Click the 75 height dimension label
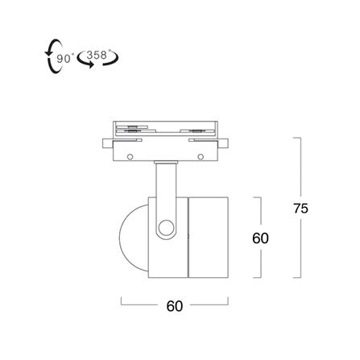[300, 209]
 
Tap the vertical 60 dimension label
[260, 238]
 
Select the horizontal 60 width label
[175, 306]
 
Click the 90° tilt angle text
[64, 58]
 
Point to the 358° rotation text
[97, 55]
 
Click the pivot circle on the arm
[166, 228]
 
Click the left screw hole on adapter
[130, 156]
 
